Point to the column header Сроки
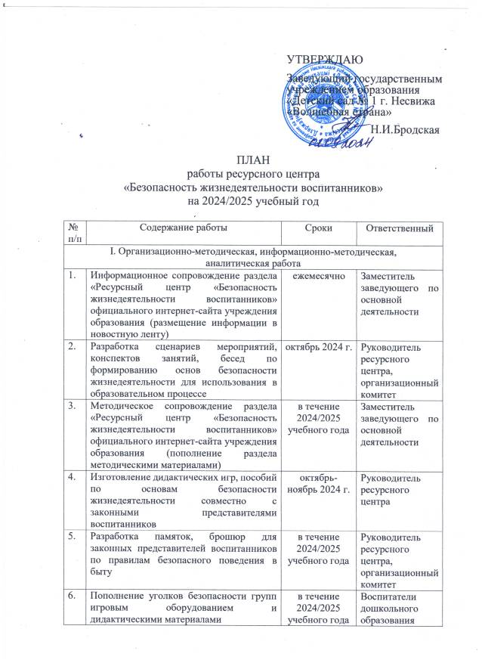click(x=317, y=227)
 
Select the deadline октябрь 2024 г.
click(x=317, y=347)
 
